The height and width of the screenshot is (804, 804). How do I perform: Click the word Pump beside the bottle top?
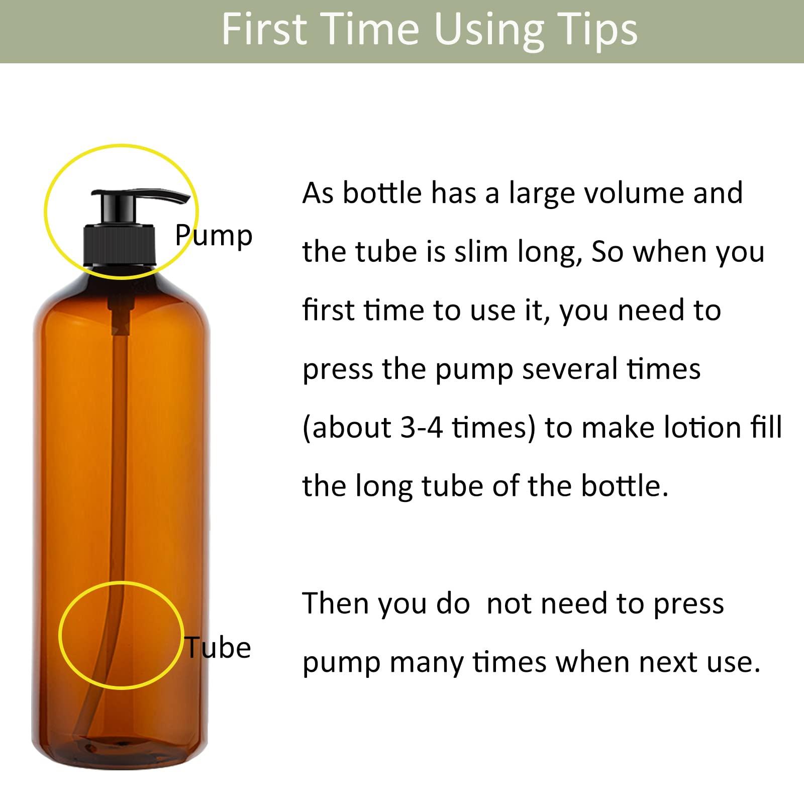[214, 235]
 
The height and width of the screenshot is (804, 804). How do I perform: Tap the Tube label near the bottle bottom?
[219, 647]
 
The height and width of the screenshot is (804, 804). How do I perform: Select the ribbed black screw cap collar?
[120, 246]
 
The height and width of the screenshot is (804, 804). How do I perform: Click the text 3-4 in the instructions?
[422, 428]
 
